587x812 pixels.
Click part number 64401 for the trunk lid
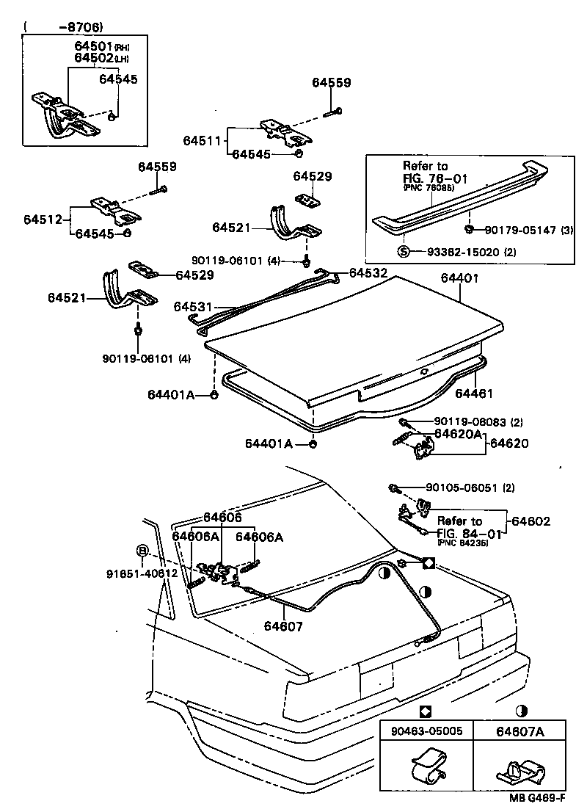click(459, 278)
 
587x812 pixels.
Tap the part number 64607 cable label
click(283, 627)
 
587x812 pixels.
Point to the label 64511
click(202, 139)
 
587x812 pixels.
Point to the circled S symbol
click(404, 252)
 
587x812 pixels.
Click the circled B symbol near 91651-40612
click(143, 551)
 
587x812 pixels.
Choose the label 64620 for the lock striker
click(509, 443)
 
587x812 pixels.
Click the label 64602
click(531, 521)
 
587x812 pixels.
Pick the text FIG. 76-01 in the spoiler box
click(435, 178)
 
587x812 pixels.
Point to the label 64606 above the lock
click(222, 518)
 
